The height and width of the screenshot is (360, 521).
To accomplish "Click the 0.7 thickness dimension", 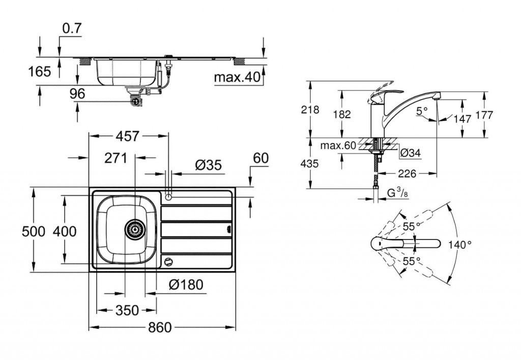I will click(x=71, y=29).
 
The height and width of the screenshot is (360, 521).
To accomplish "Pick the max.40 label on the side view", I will click(x=237, y=77).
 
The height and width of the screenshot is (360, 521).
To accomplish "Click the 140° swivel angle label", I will click(x=460, y=245).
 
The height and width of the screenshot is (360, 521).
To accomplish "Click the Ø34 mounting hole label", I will click(x=410, y=152).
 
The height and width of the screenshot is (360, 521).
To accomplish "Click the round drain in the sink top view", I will click(x=135, y=230).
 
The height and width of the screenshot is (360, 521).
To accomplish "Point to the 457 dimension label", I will click(x=128, y=136).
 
